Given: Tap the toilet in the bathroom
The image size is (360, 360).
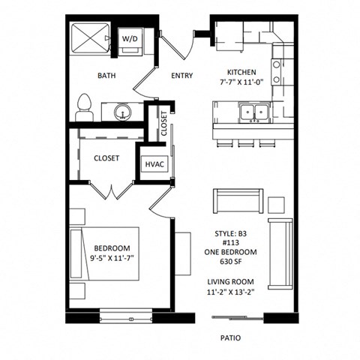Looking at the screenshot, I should click(x=84, y=106).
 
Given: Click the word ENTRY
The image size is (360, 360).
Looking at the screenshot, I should click(x=182, y=75).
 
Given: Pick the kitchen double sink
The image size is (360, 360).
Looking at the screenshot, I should click(x=253, y=112).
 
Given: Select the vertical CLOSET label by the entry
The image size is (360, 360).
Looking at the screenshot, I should click(x=164, y=123).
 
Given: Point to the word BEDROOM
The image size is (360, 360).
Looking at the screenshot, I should click(x=112, y=248).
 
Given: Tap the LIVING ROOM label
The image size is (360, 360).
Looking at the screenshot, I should click(x=231, y=282).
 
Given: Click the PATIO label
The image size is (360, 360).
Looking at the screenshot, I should click(x=231, y=337).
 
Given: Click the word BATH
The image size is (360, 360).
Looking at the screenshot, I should click(x=106, y=75).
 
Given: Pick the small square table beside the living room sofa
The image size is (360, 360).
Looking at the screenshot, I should click(x=276, y=204).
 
